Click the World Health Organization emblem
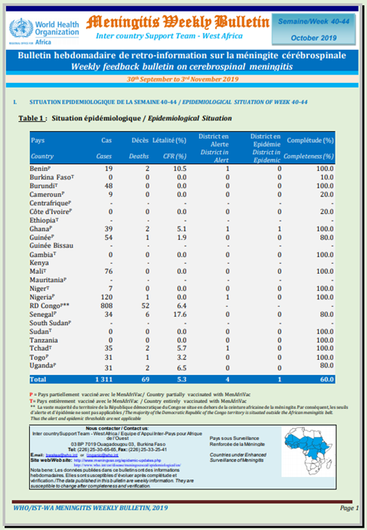coord(21,29)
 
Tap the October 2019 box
coord(316,37)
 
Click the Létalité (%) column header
coord(170,140)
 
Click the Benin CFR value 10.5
coord(179,167)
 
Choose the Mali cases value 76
coord(108,271)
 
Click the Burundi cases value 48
coord(108,185)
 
